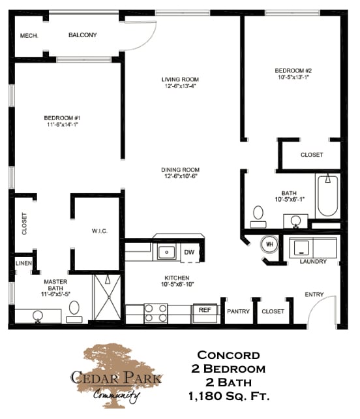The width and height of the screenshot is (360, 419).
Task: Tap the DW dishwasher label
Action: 189,251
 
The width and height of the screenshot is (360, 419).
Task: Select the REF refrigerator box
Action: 205,311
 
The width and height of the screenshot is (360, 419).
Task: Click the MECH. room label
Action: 29,36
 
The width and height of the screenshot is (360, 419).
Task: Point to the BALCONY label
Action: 83,35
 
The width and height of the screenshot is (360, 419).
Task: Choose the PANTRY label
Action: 238,311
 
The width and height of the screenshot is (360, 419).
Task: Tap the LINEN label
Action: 22,264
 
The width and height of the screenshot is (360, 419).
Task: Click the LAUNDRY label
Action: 312,262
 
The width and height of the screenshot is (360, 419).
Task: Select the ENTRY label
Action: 314,294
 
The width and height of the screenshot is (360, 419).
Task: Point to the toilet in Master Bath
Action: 74,309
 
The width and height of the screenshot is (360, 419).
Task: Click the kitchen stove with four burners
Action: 156,313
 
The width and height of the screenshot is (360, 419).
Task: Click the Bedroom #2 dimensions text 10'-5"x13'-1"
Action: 291,77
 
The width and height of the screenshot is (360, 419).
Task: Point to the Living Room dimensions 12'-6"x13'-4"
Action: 179,85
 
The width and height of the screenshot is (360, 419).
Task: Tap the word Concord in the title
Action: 228,356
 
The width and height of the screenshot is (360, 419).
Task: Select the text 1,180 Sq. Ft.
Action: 228,396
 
